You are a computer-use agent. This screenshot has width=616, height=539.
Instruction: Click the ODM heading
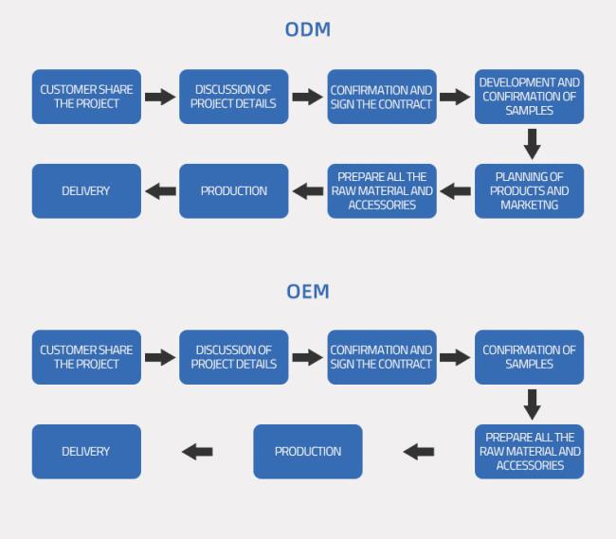click(308, 29)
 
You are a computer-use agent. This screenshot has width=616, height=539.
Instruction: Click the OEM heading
click(308, 292)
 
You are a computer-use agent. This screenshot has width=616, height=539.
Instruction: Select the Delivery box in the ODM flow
click(86, 191)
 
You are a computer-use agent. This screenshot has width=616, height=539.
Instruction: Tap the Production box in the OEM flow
click(308, 452)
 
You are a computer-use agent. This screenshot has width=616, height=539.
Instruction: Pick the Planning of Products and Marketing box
click(529, 191)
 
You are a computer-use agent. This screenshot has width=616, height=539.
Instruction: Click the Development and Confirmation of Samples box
click(529, 97)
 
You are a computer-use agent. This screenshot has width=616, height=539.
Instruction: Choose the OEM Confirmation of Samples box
click(529, 357)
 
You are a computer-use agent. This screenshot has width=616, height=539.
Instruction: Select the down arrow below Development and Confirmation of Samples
click(532, 144)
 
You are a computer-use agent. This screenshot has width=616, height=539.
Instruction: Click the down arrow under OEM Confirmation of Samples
click(532, 404)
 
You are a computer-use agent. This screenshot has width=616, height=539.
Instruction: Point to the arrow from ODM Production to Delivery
click(160, 191)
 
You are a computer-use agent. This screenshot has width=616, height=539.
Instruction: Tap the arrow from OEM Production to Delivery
click(197, 452)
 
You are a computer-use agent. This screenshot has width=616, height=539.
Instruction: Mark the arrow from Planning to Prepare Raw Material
click(455, 191)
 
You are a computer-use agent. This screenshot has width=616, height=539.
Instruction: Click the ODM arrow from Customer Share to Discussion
click(160, 97)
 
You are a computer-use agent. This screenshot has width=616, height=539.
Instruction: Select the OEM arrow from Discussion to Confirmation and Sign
click(308, 358)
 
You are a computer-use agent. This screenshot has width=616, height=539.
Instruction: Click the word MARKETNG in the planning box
click(529, 205)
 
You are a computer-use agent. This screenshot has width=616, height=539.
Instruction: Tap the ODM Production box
click(234, 191)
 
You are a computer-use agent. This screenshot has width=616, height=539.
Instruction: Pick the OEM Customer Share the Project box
click(86, 357)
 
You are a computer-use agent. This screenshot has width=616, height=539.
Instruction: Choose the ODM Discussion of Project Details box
click(234, 97)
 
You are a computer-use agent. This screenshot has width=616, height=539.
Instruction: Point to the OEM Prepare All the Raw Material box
click(529, 452)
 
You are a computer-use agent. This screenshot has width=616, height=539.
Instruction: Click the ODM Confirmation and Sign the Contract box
click(382, 97)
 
